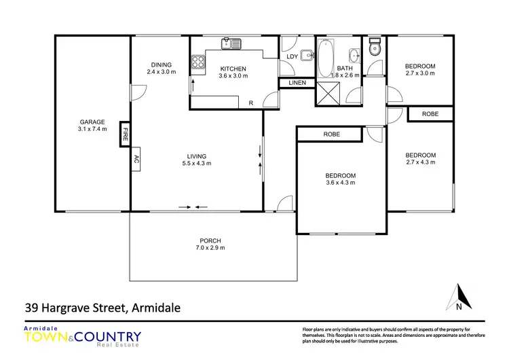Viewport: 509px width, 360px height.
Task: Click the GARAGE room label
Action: [x=92, y=122]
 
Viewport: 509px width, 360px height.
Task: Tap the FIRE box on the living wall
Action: [x=125, y=134]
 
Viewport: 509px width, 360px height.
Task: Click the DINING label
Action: [x=162, y=65]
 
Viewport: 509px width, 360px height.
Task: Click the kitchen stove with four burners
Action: [x=198, y=62]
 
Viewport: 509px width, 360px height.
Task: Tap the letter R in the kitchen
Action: [x=250, y=103]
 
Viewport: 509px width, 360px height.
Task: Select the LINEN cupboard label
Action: [x=297, y=83]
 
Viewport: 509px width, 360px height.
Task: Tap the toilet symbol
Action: [x=373, y=49]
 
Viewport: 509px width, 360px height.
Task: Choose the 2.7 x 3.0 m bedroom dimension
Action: [x=420, y=73]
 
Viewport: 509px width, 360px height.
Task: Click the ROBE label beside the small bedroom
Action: [x=430, y=114]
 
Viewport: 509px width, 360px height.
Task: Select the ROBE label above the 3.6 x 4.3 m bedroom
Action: [x=331, y=134]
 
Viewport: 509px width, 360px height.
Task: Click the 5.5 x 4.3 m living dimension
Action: [x=197, y=163]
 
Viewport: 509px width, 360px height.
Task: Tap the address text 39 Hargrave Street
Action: [x=102, y=308]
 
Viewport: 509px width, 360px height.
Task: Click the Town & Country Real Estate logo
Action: [x=82, y=337]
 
